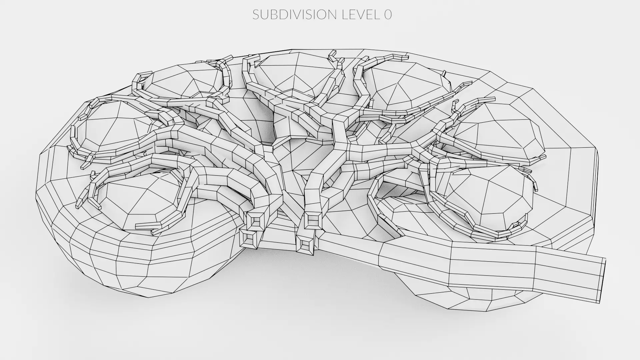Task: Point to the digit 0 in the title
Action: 388,14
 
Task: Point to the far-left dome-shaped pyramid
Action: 113,127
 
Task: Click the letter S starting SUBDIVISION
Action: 256,14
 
